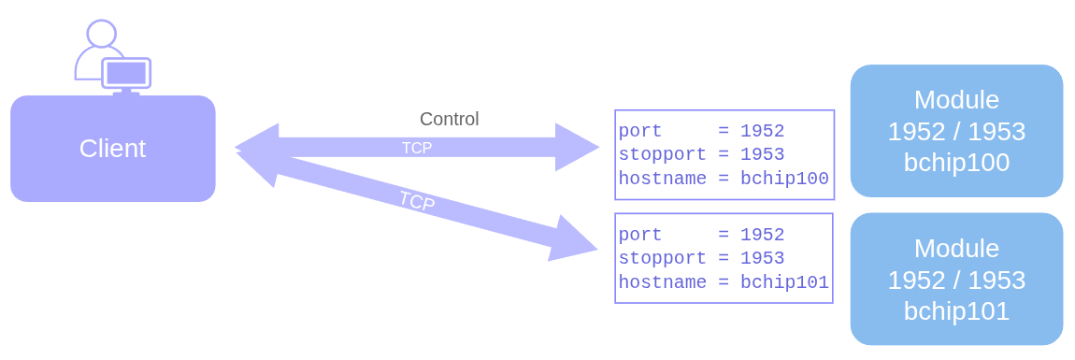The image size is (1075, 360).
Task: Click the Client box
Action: coord(112,149)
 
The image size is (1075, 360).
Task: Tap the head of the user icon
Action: coord(101,35)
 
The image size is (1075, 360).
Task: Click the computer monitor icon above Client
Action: coord(126,73)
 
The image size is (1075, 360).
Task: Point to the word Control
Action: coord(449,119)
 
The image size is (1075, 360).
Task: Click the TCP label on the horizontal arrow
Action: coord(417,148)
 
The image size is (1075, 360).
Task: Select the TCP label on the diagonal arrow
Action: coord(416,201)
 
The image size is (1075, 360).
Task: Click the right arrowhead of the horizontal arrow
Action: coord(575,147)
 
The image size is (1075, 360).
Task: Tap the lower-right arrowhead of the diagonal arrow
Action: coord(572,241)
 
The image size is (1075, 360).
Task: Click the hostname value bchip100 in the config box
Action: coord(784,179)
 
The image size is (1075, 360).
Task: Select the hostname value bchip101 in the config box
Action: coord(784,282)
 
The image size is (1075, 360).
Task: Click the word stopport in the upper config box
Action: coord(654,154)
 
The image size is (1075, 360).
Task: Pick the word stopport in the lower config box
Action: coord(654,258)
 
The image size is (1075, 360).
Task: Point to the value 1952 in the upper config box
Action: coord(762,131)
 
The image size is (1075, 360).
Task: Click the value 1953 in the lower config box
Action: coord(762,258)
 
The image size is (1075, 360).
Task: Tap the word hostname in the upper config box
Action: coord(654,179)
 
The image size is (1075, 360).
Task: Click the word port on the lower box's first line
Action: coord(640,235)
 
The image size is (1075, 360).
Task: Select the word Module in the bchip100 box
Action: coord(956,100)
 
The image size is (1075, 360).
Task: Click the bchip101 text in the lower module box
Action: coord(956,310)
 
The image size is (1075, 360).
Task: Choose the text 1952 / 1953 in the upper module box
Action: coord(956,131)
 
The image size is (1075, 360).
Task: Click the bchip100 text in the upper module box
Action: coord(956,162)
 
